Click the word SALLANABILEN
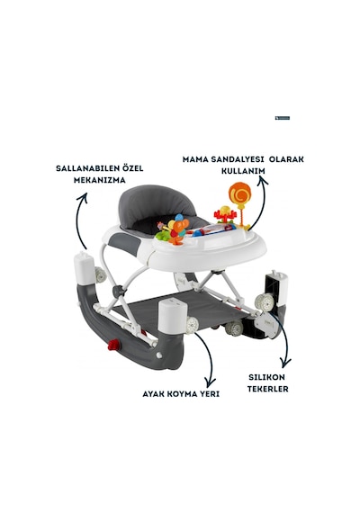click(x=85, y=168)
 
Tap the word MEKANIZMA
click(x=100, y=180)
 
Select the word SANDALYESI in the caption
click(x=238, y=159)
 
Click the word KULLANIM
click(x=243, y=171)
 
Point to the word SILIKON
click(x=266, y=377)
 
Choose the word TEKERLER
click(x=267, y=389)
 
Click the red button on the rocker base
click(x=114, y=345)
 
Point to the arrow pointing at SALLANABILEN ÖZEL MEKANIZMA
click(x=81, y=220)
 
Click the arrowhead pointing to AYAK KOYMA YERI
click(x=210, y=382)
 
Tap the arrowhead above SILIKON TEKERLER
click(x=286, y=363)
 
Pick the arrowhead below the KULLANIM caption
click(x=262, y=181)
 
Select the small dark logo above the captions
click(x=283, y=118)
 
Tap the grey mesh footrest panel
click(x=186, y=310)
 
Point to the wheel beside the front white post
click(x=193, y=325)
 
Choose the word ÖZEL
click(x=132, y=168)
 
